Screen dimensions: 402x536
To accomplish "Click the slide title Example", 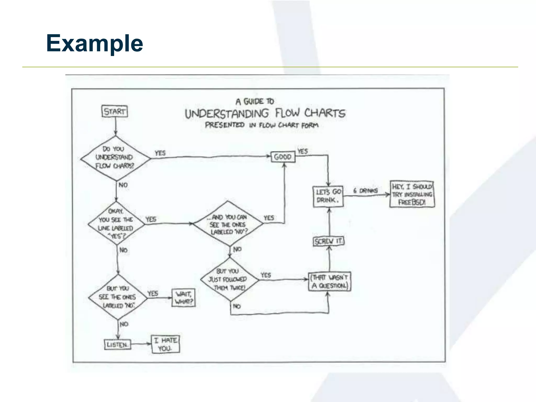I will [94, 43].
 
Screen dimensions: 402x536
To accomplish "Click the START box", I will [115, 111].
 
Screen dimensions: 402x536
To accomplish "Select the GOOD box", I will [283, 157].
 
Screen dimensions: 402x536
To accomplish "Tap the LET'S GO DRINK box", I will [328, 196].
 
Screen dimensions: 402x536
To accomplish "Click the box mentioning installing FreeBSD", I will [412, 194].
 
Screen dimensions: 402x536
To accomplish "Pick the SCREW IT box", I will [329, 241].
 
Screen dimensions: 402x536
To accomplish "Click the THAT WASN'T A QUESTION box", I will [330, 282].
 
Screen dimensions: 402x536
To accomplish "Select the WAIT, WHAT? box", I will [184, 298].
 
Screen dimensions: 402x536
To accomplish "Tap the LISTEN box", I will [118, 344].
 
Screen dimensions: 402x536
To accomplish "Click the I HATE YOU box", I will [165, 344].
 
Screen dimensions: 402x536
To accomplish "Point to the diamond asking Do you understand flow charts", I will [115, 158].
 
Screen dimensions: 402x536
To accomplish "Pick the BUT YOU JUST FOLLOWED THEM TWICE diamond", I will [229, 280].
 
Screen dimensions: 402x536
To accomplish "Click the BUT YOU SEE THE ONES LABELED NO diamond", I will [118, 297].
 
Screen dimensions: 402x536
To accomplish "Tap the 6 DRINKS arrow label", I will [366, 191].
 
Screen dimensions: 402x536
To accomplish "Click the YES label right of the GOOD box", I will [303, 151].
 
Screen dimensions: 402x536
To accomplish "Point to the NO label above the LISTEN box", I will [124, 324].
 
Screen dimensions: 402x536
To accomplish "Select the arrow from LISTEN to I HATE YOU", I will [141, 344].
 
